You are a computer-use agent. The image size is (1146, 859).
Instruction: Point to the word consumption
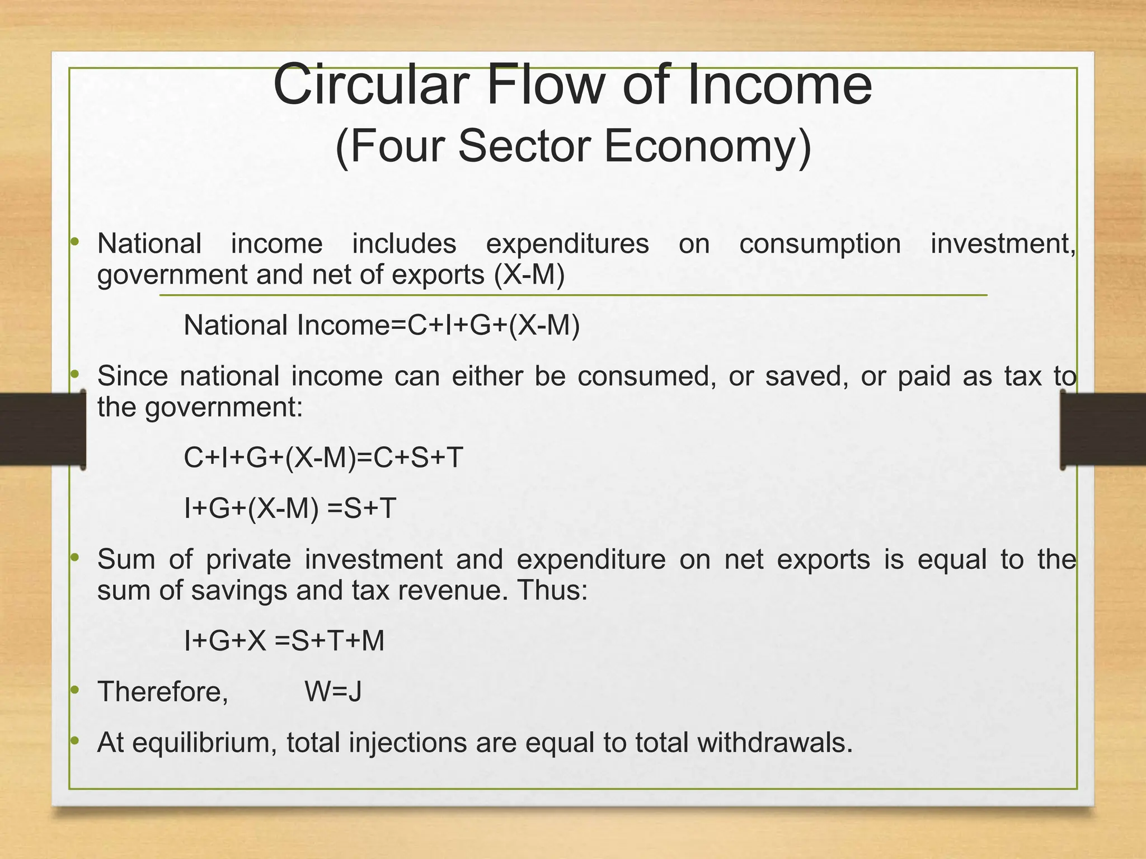tap(820, 244)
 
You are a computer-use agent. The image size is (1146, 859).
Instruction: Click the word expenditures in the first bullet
tap(567, 244)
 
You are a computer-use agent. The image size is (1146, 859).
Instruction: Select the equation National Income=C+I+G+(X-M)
tap(382, 325)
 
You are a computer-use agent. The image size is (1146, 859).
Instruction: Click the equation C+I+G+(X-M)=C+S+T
tap(323, 458)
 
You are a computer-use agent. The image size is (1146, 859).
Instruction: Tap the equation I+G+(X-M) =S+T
tap(290, 508)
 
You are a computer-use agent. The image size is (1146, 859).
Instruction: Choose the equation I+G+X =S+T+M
tap(284, 641)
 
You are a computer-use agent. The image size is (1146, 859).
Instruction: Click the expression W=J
tap(333, 692)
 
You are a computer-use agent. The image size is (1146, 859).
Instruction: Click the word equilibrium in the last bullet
tap(204, 743)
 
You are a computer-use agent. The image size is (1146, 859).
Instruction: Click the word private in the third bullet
tap(248, 560)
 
